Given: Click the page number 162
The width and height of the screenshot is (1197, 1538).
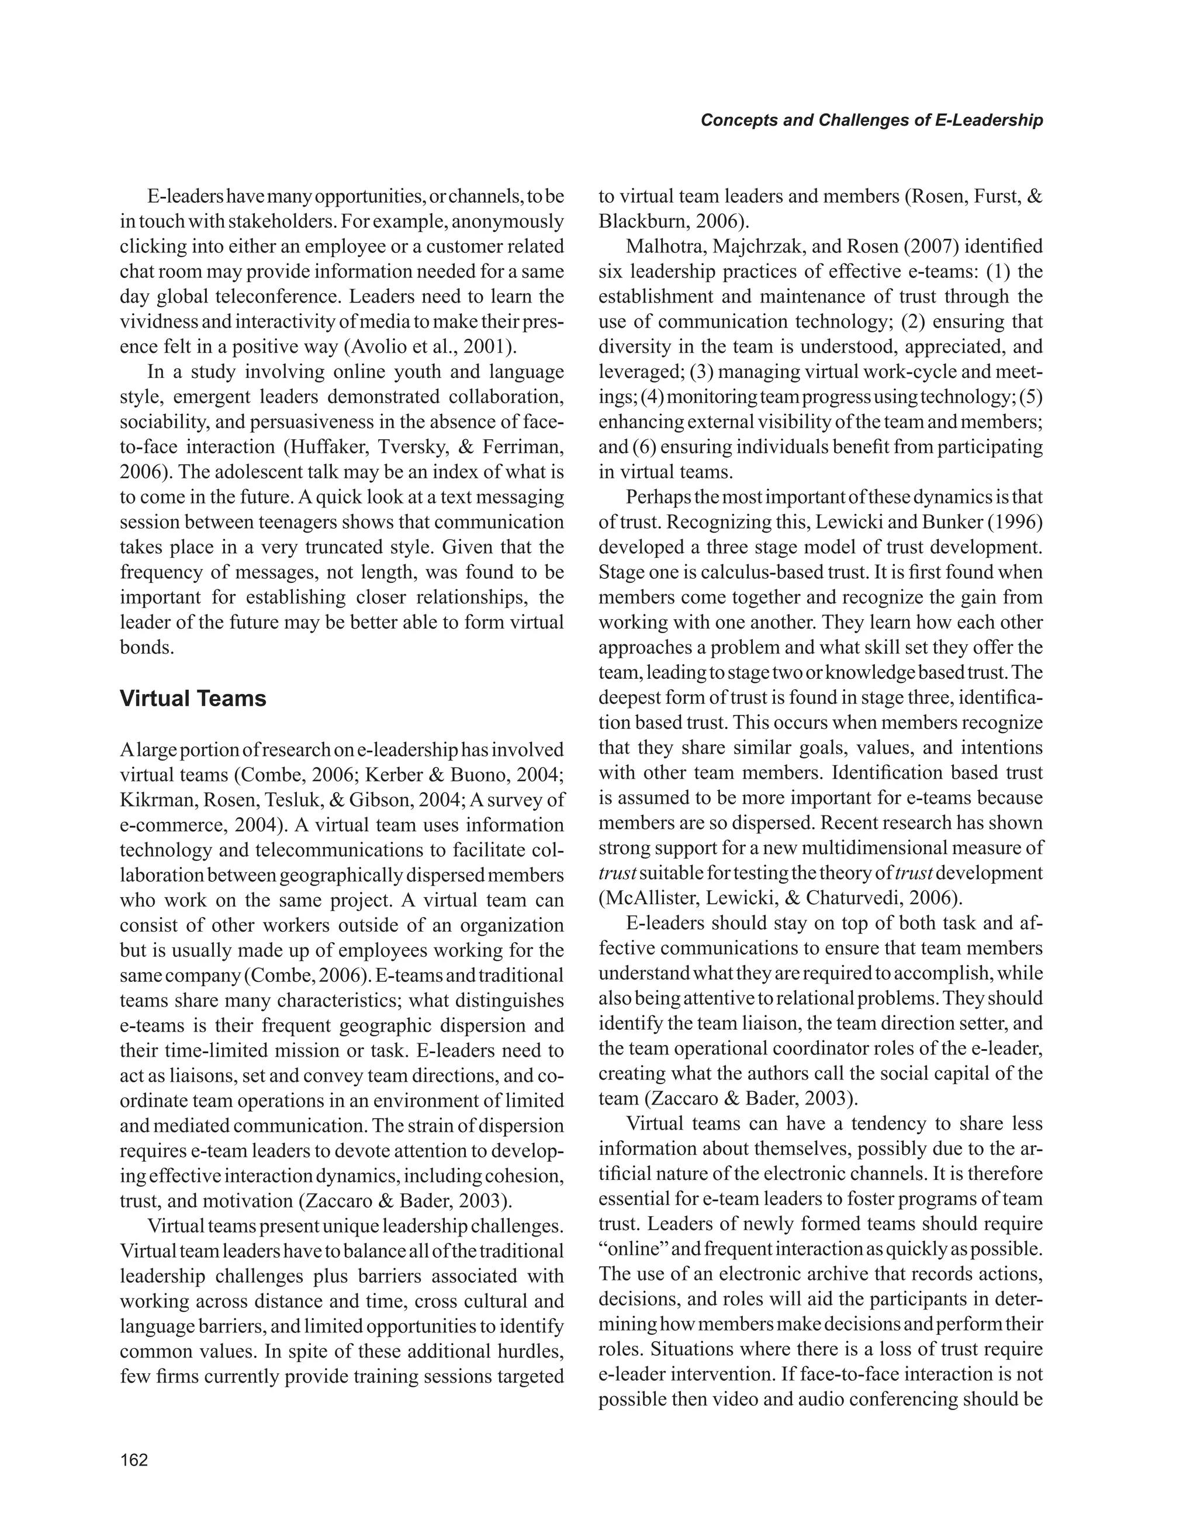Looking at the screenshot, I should [x=134, y=1460].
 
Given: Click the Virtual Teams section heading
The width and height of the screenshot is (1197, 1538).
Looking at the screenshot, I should [x=192, y=699].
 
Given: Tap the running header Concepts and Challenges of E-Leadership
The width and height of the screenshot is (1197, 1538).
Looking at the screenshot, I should [x=871, y=120].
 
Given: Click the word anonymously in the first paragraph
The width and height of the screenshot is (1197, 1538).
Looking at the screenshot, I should [x=507, y=222].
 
